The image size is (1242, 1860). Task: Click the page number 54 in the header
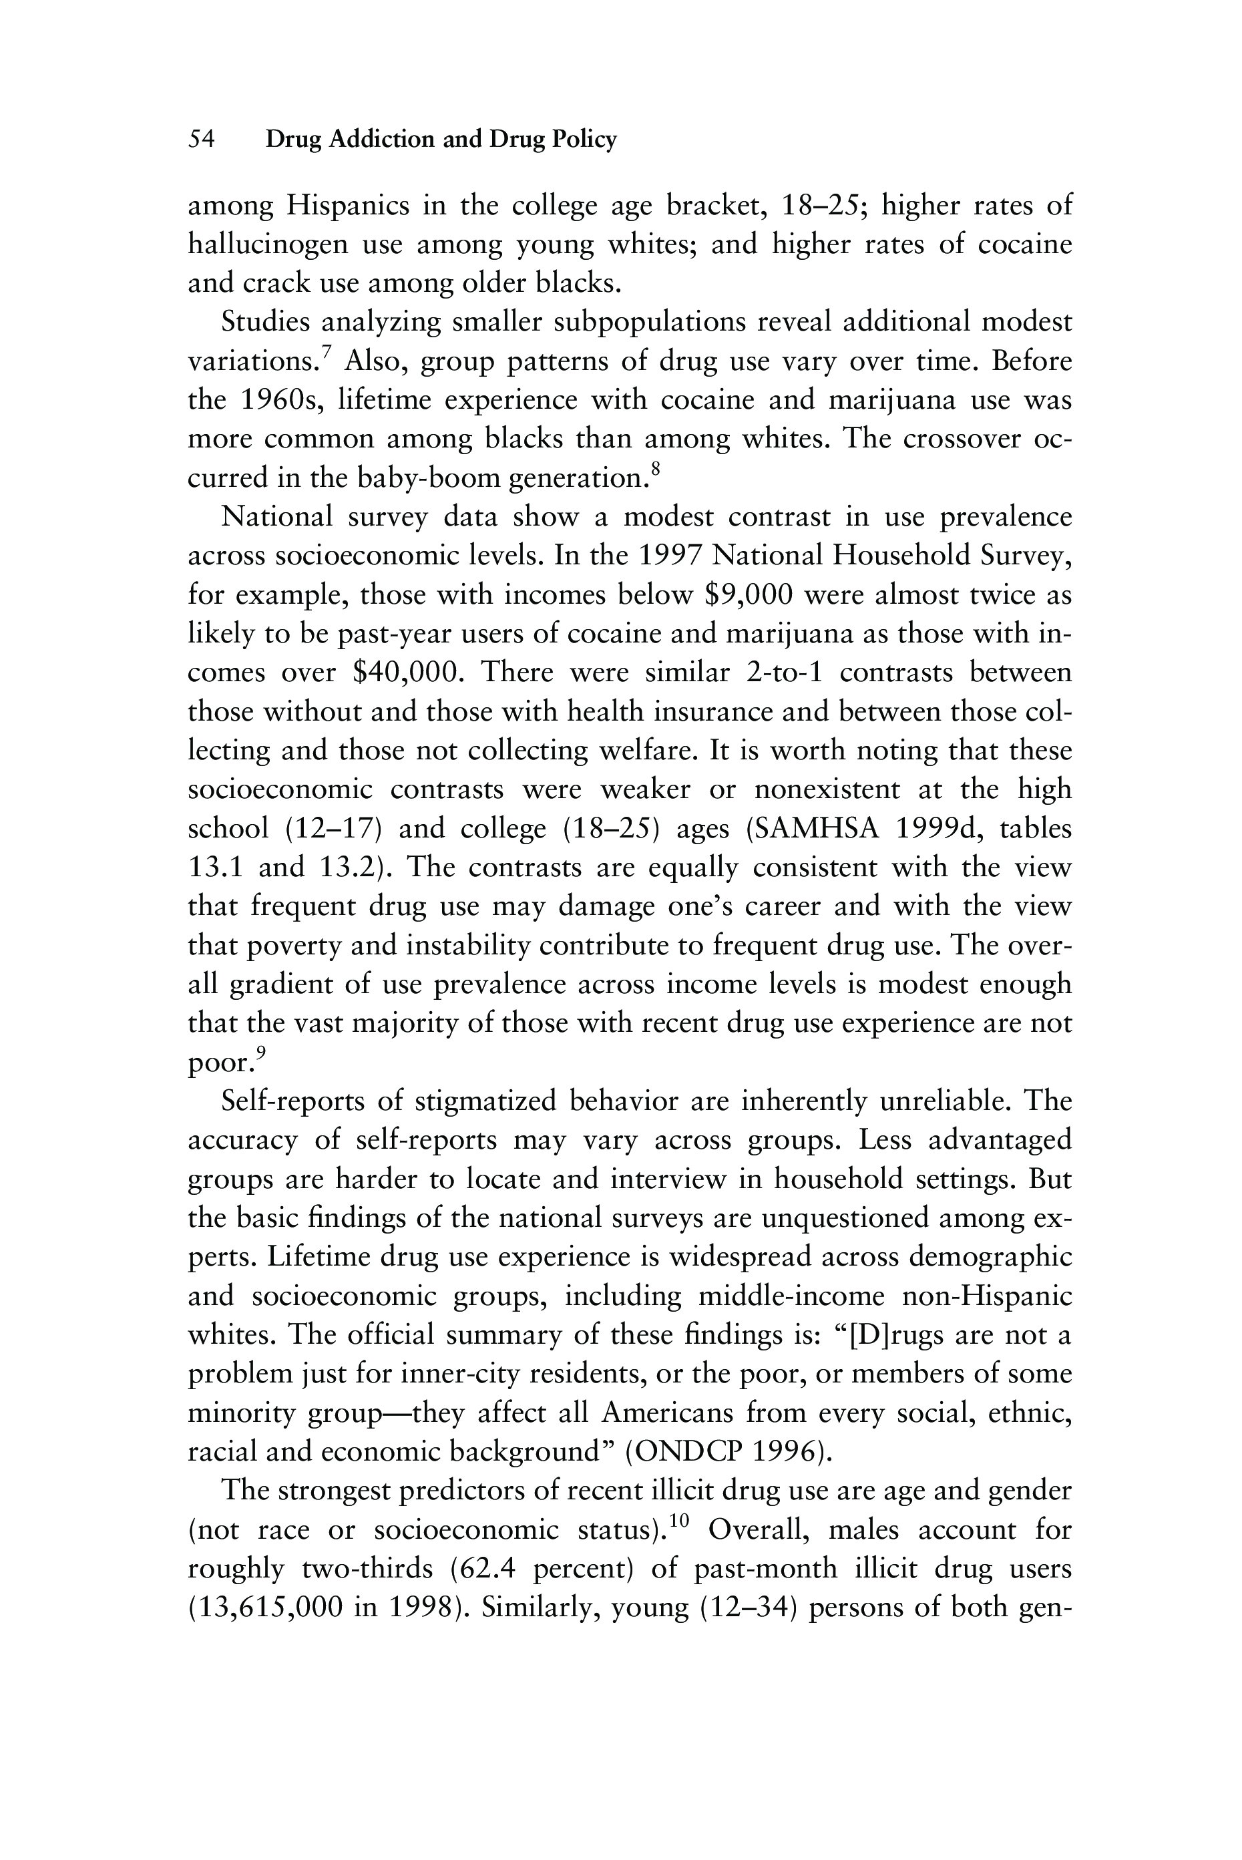[201, 140]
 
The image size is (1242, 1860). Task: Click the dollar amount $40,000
[405, 673]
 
